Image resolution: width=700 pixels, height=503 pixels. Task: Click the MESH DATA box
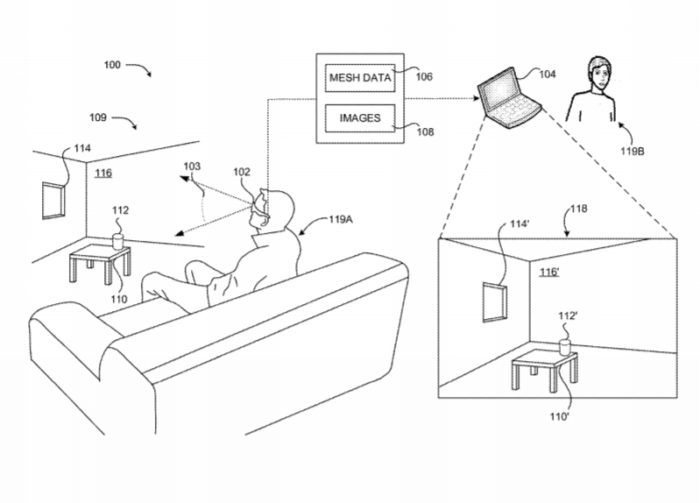click(x=359, y=78)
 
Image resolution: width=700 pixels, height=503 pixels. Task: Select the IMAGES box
click(x=359, y=116)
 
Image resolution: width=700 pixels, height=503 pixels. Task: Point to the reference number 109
click(x=98, y=116)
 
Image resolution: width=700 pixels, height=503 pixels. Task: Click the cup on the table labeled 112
click(x=118, y=240)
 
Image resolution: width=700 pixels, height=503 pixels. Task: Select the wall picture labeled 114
click(x=54, y=200)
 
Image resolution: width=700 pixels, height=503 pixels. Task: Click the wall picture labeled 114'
click(x=494, y=301)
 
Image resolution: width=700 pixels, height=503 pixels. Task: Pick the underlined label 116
click(x=103, y=174)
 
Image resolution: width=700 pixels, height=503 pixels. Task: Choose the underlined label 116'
click(x=549, y=273)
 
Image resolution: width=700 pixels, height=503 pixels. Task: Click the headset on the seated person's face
click(x=258, y=206)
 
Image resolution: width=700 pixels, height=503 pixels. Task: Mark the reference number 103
click(x=192, y=166)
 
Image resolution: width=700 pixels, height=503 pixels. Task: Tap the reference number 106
click(x=424, y=76)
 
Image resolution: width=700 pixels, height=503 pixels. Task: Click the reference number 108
click(x=424, y=131)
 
